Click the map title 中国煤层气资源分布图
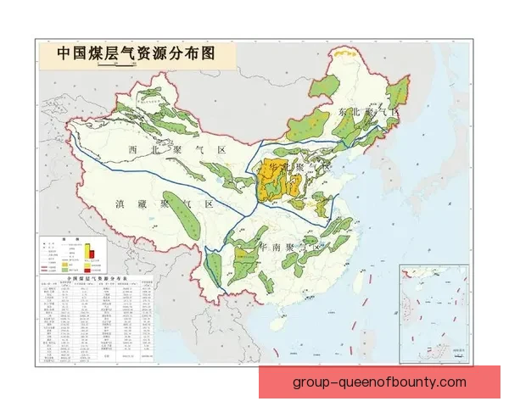click(136, 53)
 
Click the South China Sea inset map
click(433, 314)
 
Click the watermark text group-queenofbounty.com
click(379, 382)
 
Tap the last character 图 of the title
click(206, 53)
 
